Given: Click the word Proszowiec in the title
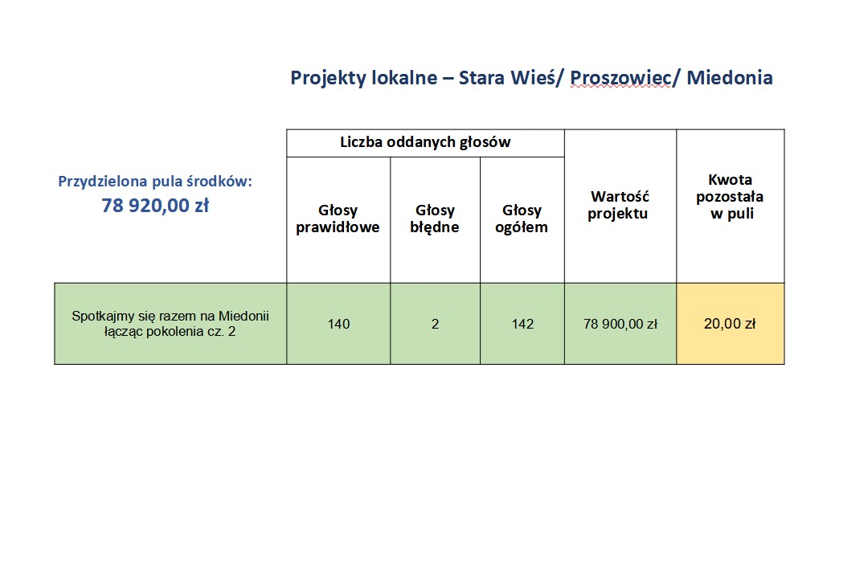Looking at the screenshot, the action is tap(621, 78).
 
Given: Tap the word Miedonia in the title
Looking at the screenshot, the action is tap(730, 77).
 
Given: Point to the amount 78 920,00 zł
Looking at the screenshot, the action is tap(156, 206).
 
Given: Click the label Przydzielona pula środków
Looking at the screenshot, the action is tap(155, 182).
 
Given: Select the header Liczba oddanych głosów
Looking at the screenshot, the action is tap(425, 142).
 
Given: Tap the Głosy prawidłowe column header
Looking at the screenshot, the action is tap(338, 219).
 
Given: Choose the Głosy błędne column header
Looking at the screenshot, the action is tap(435, 219).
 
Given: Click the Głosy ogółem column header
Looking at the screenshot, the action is tap(522, 219).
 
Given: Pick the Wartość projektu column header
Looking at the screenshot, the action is tap(620, 205).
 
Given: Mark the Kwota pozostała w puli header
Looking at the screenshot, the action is tap(730, 197).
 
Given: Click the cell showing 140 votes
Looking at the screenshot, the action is tap(339, 324).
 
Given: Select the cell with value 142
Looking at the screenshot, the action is tap(522, 324).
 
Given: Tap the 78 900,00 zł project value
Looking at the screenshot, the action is tap(620, 324).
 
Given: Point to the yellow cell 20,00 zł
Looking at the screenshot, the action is tap(730, 324).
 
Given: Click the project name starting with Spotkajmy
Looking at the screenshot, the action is tap(170, 324).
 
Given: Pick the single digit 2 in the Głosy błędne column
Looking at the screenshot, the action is tap(435, 324).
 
